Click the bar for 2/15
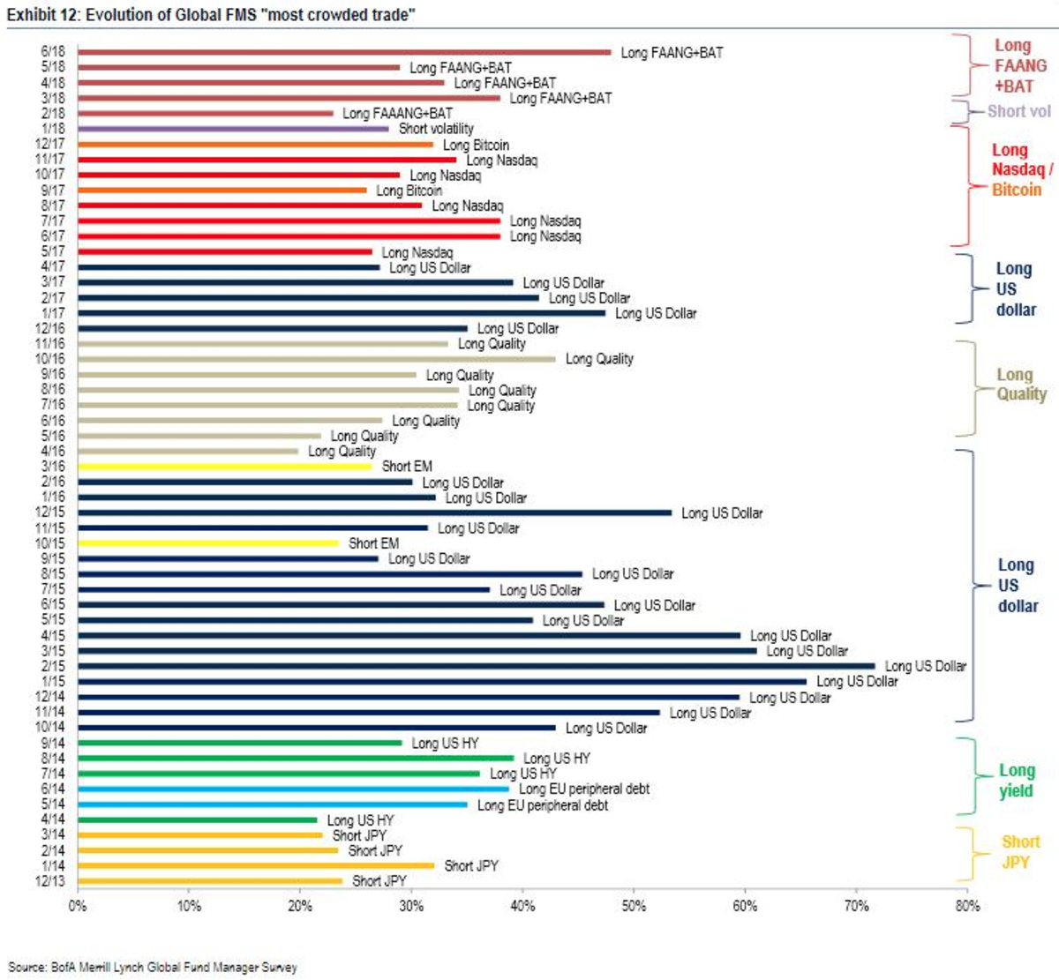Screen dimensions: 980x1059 (477, 666)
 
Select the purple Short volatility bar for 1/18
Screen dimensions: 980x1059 (233, 129)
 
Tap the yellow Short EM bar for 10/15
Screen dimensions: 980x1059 (208, 543)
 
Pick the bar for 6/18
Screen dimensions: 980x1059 (344, 52)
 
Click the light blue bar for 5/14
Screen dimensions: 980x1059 (273, 804)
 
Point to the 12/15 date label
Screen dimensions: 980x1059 (50, 512)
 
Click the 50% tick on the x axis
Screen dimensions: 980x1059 (634, 906)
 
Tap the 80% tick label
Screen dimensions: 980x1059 (967, 906)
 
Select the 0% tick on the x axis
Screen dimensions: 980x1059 (78, 906)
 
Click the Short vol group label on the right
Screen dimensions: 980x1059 (1018, 111)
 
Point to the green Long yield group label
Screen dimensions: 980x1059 (1016, 781)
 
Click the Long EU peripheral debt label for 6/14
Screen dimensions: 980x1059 (583, 789)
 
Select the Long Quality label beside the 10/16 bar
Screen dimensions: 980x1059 (599, 359)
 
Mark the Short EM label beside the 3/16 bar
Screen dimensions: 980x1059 (407, 466)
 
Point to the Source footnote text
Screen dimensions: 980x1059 (152, 967)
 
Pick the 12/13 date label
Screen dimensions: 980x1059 (50, 881)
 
